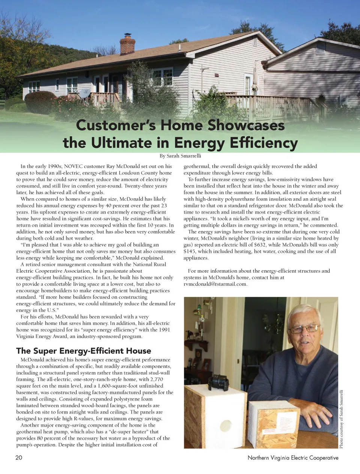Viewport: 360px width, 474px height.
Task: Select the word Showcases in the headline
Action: [246, 125]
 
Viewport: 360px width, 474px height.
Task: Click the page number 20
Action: [19, 458]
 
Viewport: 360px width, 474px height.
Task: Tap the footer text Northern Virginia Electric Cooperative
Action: [293, 458]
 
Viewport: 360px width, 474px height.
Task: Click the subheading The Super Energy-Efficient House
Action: [84, 351]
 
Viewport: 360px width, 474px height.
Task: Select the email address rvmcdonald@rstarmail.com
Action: [215, 284]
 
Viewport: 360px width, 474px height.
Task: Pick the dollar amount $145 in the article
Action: [190, 251]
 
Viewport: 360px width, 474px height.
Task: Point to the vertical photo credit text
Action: [341, 419]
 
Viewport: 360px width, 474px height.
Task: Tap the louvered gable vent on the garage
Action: [321, 48]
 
